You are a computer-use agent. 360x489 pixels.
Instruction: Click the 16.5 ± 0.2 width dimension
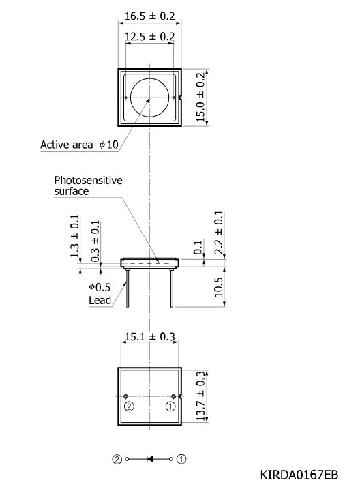tap(149, 16)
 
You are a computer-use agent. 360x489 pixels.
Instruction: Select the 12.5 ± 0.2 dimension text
tap(149, 37)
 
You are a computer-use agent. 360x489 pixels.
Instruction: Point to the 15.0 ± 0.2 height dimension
tap(200, 97)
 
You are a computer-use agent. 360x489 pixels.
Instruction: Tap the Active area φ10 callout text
tap(80, 145)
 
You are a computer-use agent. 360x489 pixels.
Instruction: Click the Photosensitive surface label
tap(88, 186)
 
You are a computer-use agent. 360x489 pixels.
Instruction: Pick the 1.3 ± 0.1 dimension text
tap(74, 236)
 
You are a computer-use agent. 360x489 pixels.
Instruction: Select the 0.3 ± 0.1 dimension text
tap(95, 241)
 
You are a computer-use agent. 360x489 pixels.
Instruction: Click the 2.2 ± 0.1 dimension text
tap(219, 233)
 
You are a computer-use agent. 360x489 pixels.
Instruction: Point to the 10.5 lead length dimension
tap(219, 287)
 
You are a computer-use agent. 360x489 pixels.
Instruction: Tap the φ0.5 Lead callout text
tap(100, 294)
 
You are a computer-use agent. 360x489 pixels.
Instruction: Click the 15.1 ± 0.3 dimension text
tap(150, 337)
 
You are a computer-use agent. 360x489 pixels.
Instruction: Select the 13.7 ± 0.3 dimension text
tap(200, 396)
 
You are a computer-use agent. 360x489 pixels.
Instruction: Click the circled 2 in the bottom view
tap(129, 406)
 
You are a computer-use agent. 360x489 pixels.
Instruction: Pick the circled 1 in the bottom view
tap(170, 406)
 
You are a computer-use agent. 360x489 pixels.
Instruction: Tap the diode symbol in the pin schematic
tap(149, 459)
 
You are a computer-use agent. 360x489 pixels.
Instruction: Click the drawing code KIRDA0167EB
tap(299, 475)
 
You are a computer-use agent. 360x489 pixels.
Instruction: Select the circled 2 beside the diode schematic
tap(117, 460)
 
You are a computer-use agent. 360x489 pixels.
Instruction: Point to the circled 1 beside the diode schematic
tap(181, 460)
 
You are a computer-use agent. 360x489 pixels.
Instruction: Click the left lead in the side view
tap(127, 288)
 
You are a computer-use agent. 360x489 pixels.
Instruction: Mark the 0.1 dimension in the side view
tap(198, 248)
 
